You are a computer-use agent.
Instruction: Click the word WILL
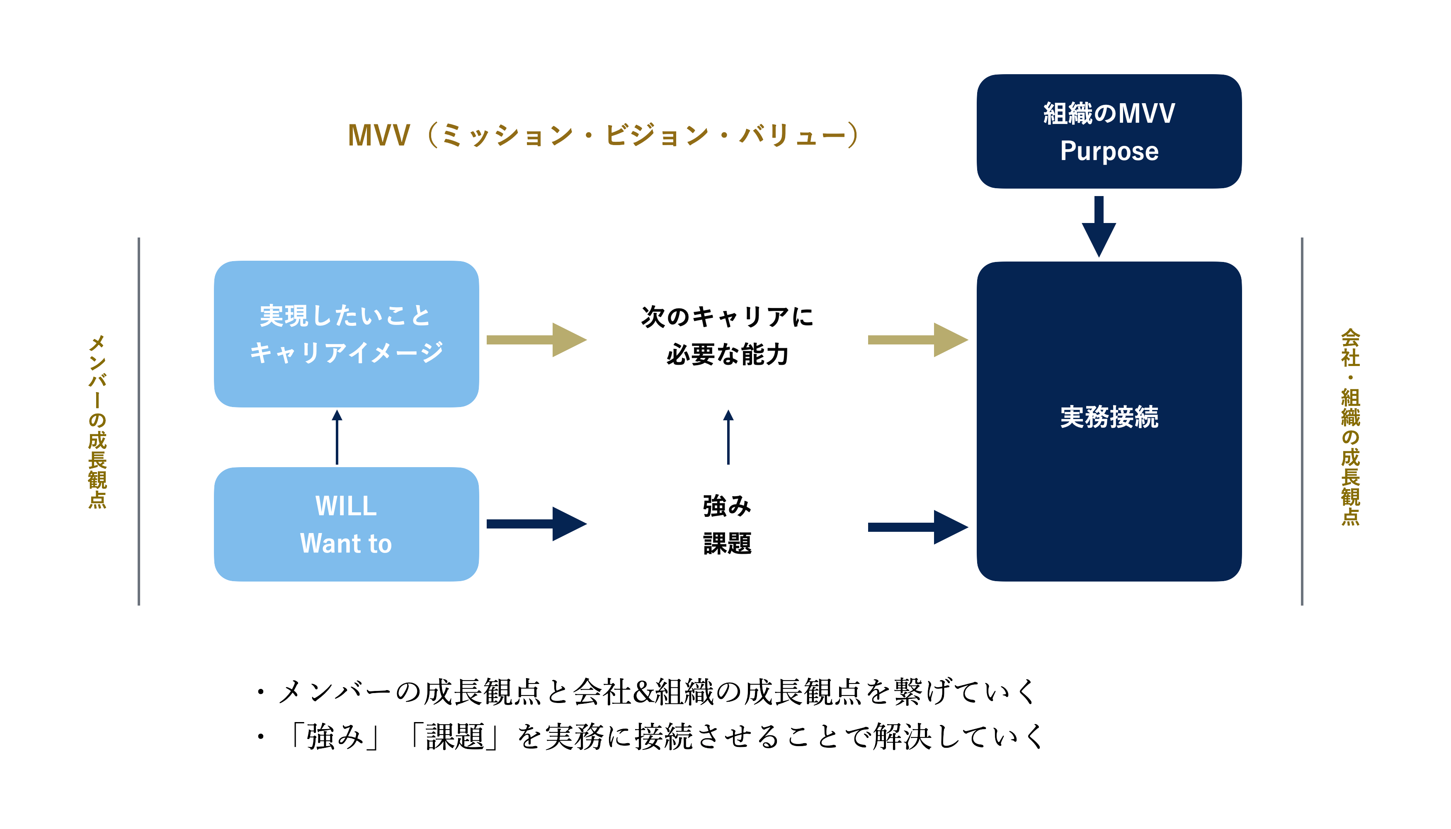346,506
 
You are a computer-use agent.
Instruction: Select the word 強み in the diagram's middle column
727,506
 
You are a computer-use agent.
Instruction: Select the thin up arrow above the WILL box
337,437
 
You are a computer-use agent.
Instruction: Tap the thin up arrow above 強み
728,437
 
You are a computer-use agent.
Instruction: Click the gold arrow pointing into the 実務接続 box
917,340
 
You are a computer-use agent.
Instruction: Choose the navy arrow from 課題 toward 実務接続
917,527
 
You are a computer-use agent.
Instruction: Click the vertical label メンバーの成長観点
97,421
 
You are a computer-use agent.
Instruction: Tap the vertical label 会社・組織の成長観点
1350,427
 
